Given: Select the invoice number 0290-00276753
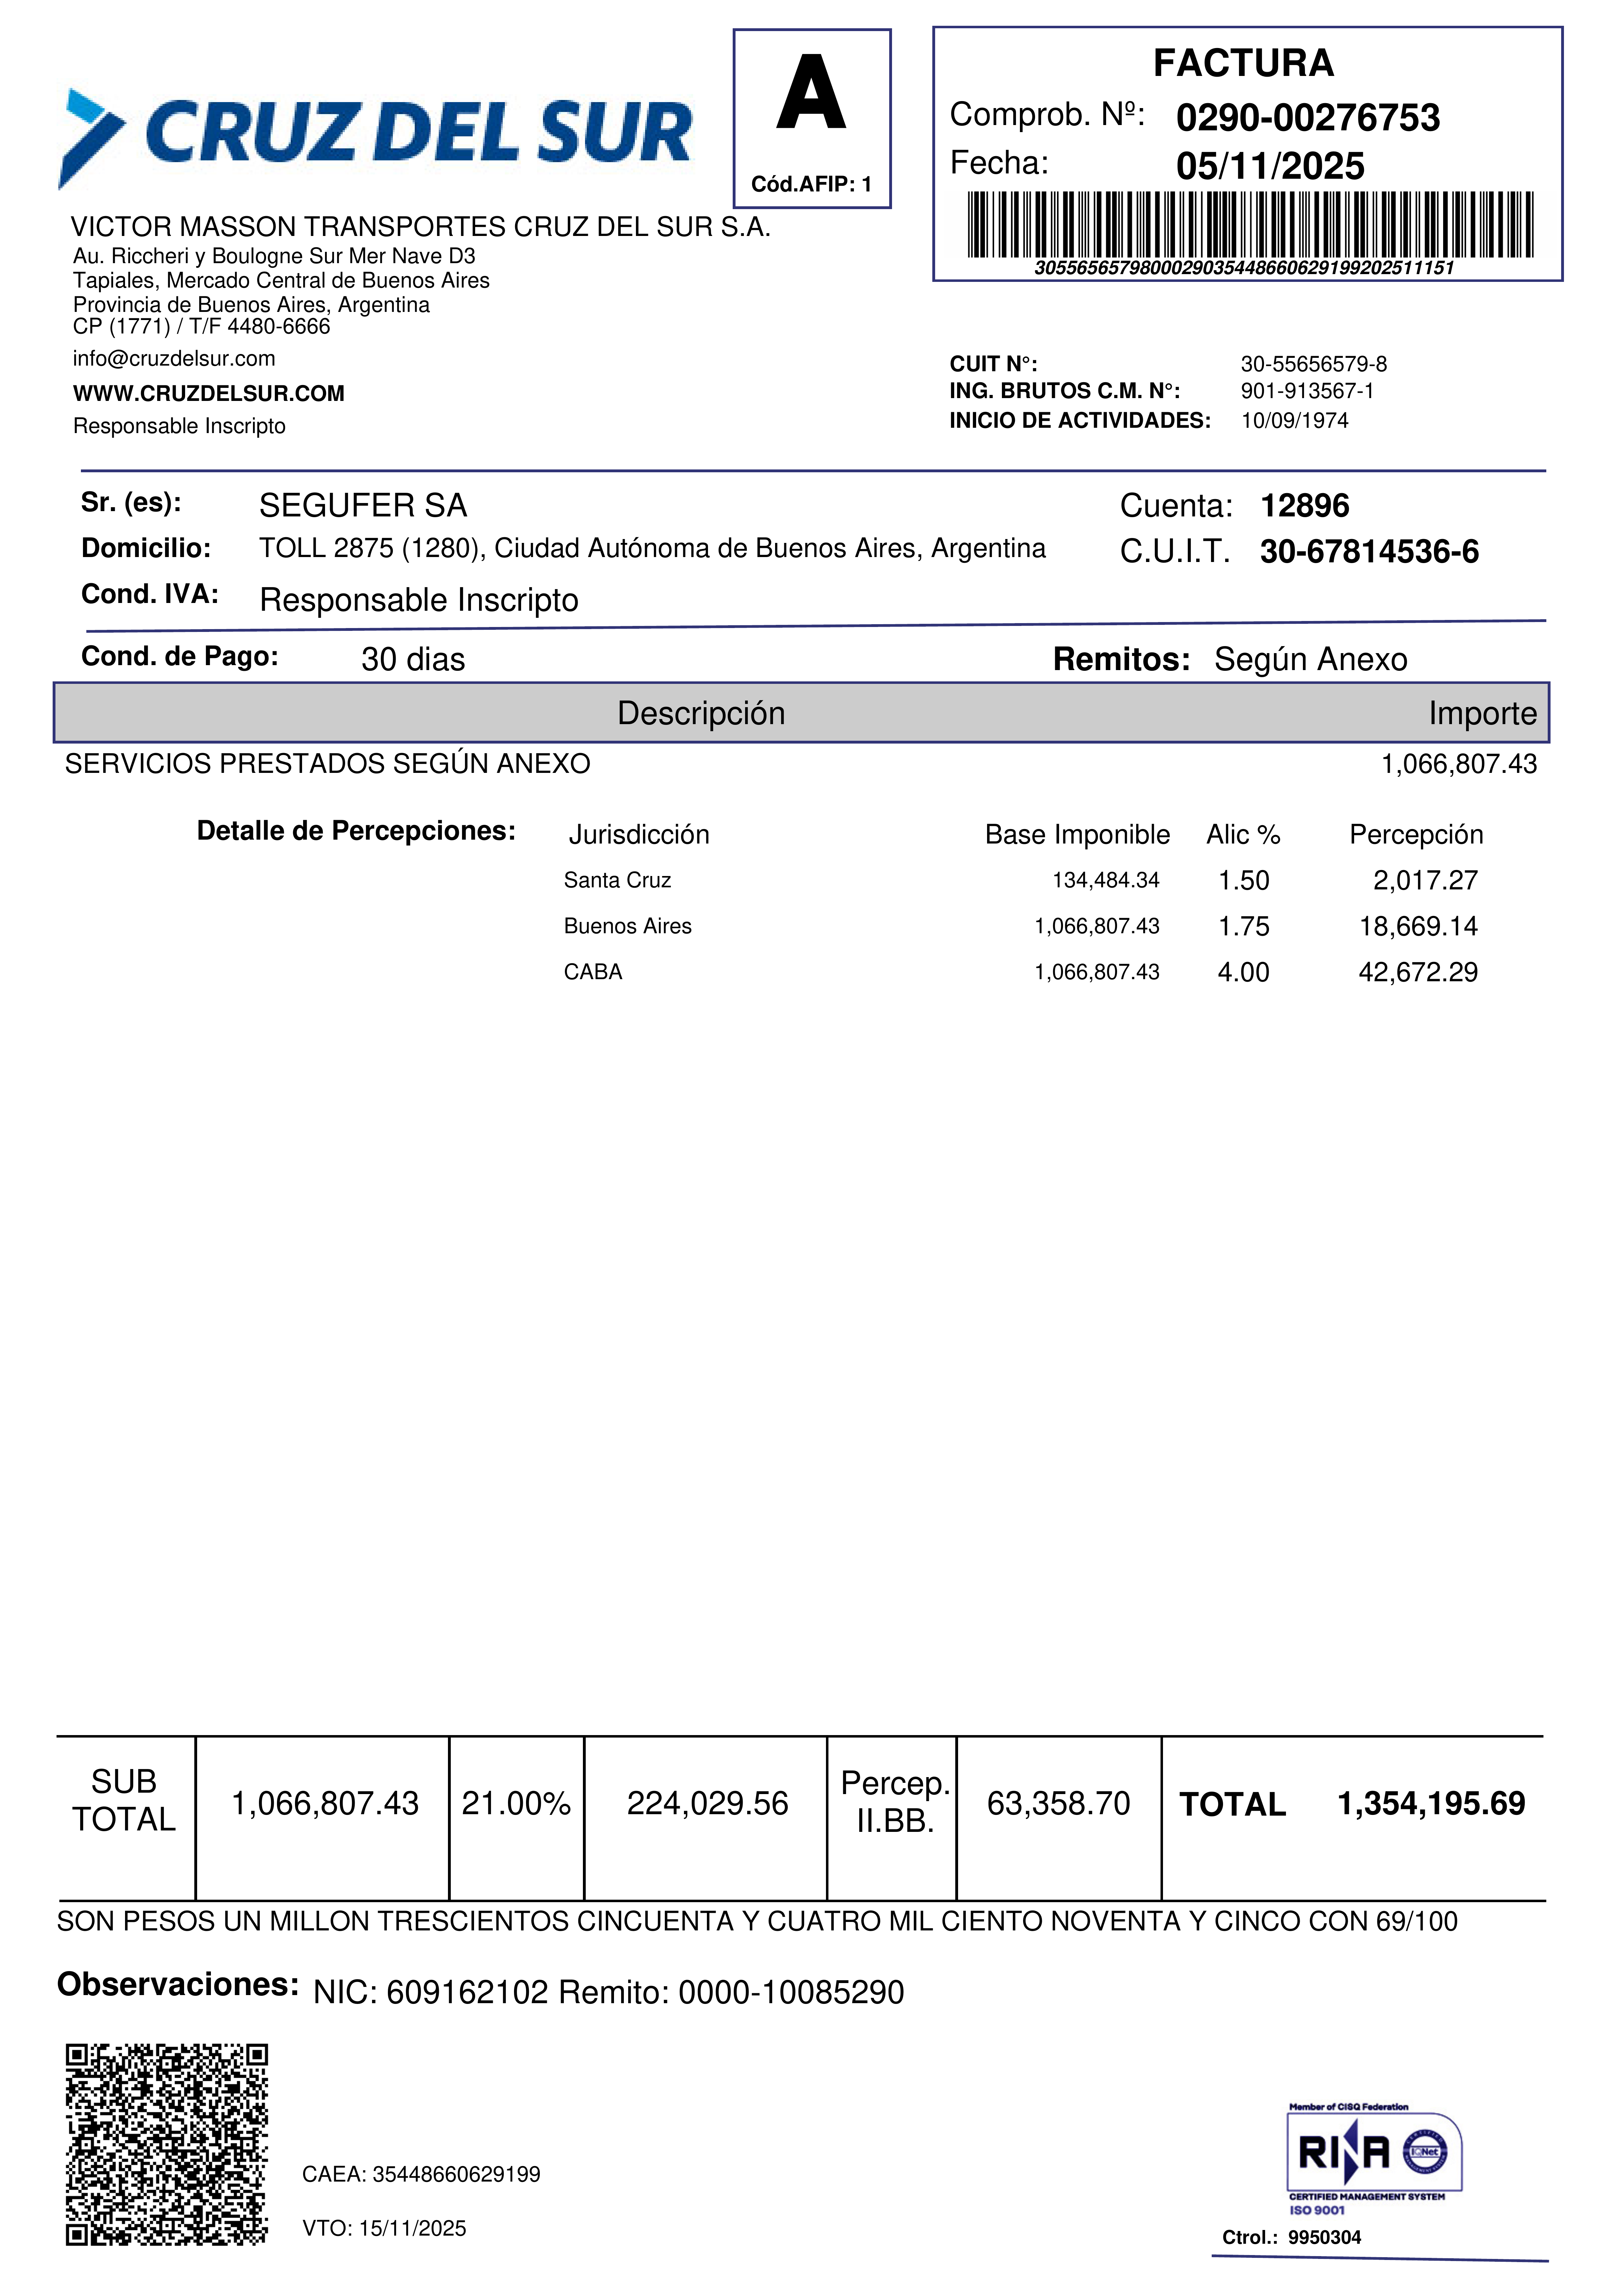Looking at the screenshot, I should click(1307, 118).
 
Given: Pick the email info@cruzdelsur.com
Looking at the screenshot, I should click(174, 358).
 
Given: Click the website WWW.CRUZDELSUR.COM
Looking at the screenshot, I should click(209, 394).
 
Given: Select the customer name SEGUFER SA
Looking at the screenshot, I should click(362, 506).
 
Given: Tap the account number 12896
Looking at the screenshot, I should click(1304, 506).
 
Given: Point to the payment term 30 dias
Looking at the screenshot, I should click(413, 659).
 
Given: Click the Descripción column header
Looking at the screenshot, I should click(701, 714).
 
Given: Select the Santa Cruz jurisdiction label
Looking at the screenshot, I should click(618, 880).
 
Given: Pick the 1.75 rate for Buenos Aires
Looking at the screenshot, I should click(1243, 926).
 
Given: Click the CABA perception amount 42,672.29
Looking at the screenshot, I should click(1417, 972).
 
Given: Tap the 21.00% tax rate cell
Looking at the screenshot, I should click(515, 1803).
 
